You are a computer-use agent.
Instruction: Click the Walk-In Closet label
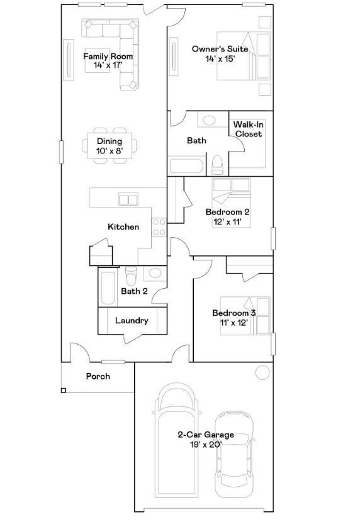248,130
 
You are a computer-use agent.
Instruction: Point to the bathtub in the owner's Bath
187,167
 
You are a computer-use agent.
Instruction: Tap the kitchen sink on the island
128,199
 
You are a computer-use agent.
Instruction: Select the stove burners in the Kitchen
159,226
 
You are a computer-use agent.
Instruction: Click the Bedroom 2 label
227,212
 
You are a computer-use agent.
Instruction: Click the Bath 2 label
134,291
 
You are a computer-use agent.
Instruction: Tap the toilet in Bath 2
131,276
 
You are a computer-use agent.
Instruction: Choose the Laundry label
132,321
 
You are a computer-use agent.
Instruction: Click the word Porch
98,377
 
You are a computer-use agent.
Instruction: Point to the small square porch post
64,391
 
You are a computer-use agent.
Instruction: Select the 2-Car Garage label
205,435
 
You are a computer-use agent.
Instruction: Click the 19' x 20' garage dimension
205,445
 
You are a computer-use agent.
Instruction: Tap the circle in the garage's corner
262,372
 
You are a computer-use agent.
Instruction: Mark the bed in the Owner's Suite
244,57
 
